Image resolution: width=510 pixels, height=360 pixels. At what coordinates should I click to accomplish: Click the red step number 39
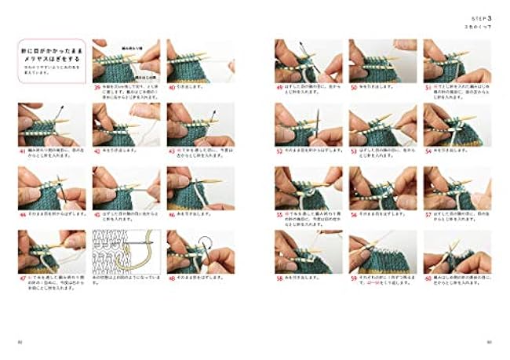tap(96, 87)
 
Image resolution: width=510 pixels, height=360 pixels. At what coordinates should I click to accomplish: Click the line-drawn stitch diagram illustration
tap(124, 251)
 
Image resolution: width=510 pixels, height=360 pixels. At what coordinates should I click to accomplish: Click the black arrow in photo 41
tap(60, 111)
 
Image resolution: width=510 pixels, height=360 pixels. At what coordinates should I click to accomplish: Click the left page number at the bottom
tap(21, 341)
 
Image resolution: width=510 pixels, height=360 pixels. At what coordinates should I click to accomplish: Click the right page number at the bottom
tap(489, 341)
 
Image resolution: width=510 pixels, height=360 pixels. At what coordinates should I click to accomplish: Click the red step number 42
tap(96, 151)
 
